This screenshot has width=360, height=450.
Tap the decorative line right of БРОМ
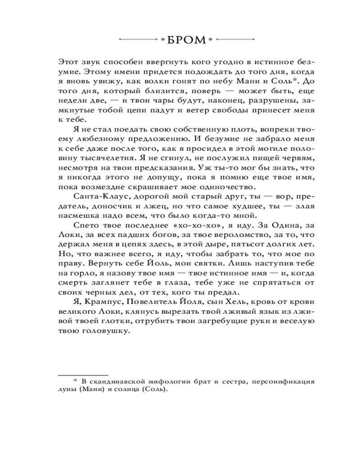230,40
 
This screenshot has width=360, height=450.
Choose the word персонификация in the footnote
283,382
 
